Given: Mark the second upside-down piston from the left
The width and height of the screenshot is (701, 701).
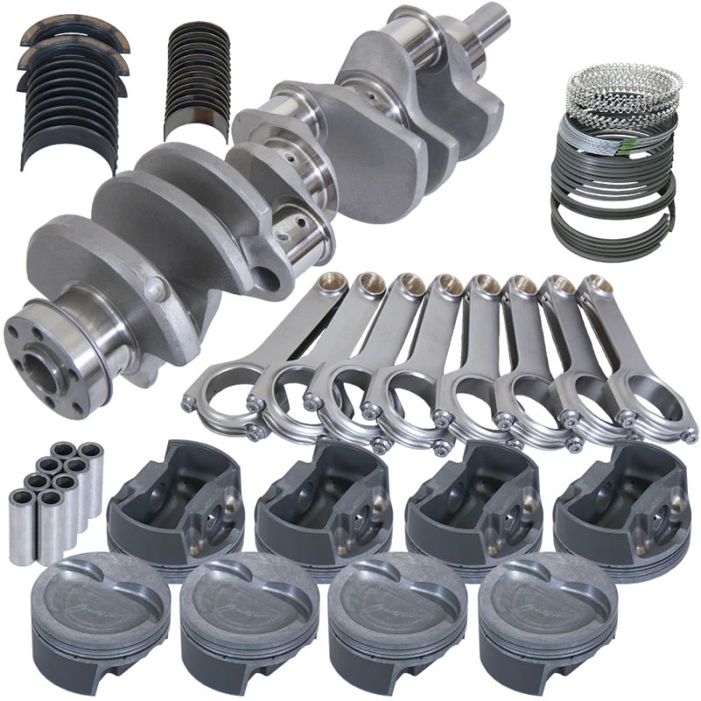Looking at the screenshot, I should [324, 499].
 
